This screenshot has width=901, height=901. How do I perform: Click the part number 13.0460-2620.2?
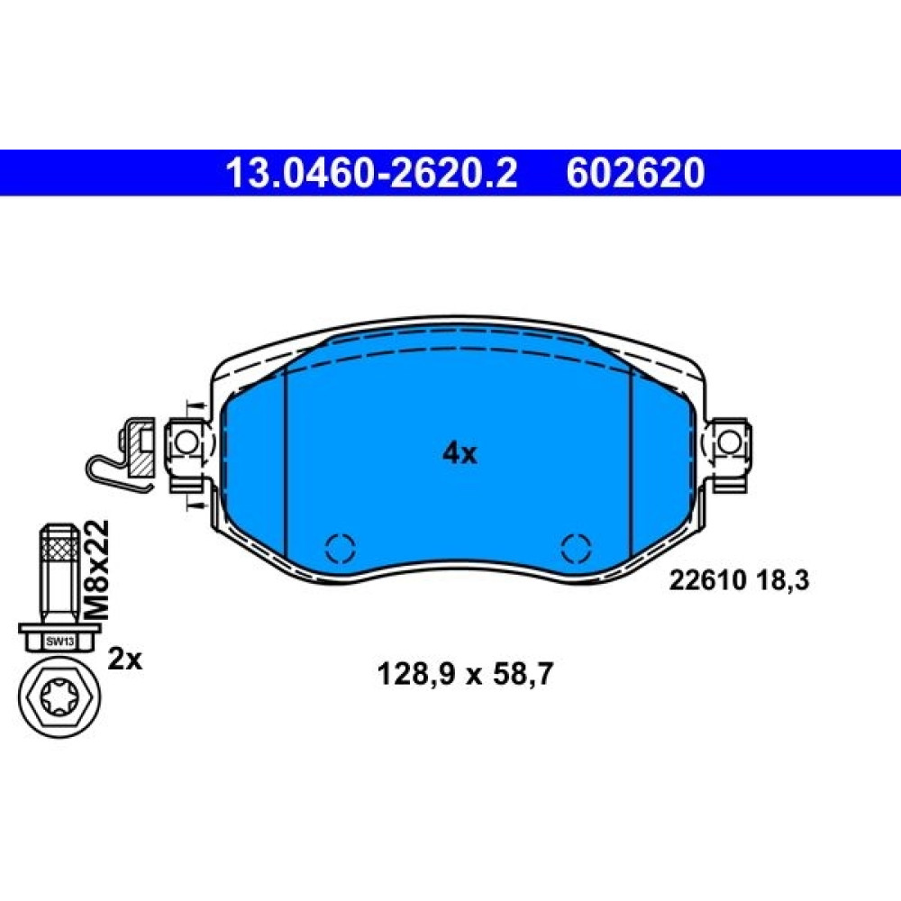pyautogui.click(x=372, y=173)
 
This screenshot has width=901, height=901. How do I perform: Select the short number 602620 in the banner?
pyautogui.click(x=635, y=173)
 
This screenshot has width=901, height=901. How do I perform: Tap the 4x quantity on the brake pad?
pyautogui.click(x=460, y=453)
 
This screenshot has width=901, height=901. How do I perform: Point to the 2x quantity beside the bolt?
pyautogui.click(x=125, y=660)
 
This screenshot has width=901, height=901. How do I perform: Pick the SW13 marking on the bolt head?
pyautogui.click(x=60, y=642)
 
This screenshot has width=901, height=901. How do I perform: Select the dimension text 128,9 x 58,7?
pyautogui.click(x=464, y=674)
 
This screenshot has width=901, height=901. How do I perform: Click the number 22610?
pyautogui.click(x=706, y=581)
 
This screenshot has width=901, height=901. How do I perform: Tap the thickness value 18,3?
pyautogui.click(x=780, y=581)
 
